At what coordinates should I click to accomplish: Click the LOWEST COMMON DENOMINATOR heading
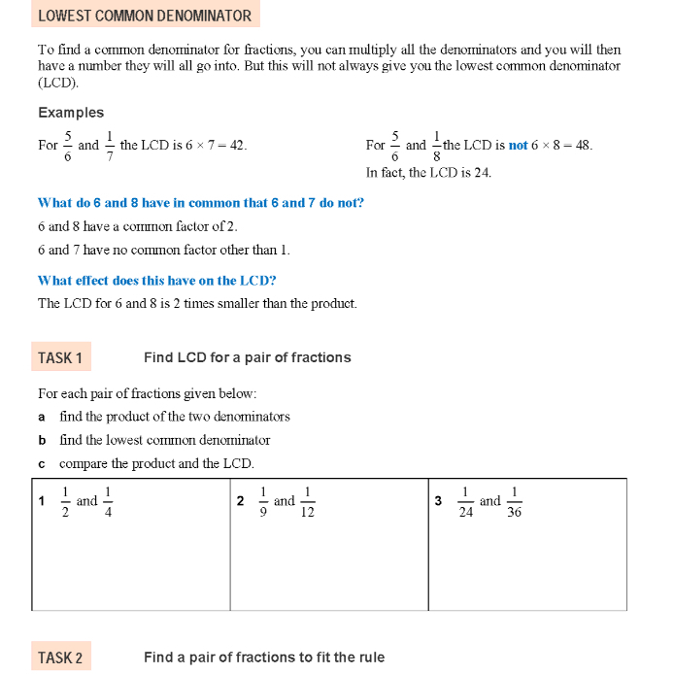pos(144,16)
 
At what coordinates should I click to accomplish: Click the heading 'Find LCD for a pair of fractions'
pos(247,357)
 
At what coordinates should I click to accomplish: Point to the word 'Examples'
pos(71,113)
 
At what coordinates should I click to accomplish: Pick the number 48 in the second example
pos(581,146)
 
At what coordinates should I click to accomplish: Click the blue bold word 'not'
pos(518,146)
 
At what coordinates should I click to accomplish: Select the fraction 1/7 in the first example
pos(109,145)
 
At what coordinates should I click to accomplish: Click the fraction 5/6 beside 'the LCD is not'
pos(394,145)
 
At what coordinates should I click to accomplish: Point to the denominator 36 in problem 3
pos(514,513)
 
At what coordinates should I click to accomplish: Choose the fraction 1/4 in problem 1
pos(108,502)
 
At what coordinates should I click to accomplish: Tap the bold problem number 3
pos(438,502)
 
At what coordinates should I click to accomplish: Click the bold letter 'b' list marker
pos(42,440)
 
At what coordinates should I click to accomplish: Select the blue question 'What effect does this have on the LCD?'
pos(156,281)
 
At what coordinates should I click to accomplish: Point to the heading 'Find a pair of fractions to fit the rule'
pos(264,657)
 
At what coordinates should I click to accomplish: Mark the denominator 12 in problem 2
pos(307,513)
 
